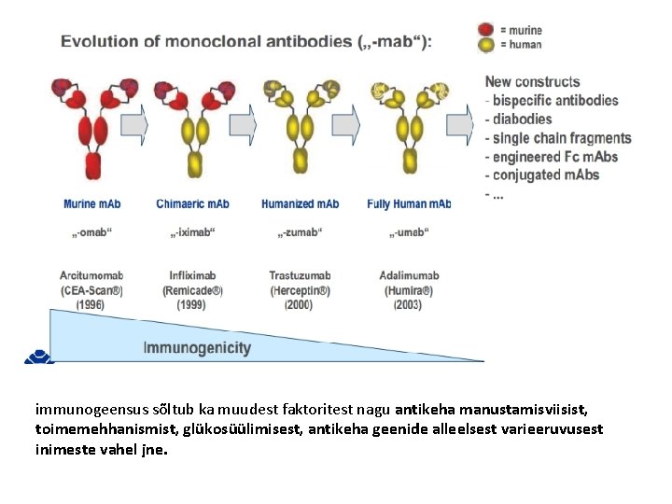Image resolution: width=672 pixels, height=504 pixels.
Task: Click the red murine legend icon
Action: pos(485,29)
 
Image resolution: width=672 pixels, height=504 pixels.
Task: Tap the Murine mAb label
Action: pos(93,203)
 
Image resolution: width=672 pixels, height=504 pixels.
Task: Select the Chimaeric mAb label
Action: pos(193,203)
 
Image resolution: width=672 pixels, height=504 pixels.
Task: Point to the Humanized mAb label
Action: pos(301,203)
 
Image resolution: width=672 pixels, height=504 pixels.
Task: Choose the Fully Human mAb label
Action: pos(409,203)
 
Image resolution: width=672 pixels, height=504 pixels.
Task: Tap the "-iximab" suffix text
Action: pos(193,232)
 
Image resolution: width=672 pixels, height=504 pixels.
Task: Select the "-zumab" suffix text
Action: pos(300,232)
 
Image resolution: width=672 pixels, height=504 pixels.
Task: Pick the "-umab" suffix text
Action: pos(408,232)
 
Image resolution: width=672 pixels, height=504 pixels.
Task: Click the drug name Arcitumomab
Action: pos(91,276)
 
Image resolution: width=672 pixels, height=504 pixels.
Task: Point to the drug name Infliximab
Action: pos(193,276)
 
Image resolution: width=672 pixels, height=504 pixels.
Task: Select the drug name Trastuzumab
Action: pos(300,276)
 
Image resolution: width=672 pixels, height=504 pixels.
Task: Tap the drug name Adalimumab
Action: pos(409,276)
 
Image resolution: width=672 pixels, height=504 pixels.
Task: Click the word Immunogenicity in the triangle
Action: pos(197,348)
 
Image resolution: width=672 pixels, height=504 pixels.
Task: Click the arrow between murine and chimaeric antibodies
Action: pos(134,124)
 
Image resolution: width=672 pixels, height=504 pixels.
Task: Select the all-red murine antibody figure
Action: pos(92,126)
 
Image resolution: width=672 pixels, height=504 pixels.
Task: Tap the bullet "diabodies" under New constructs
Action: pos(522,119)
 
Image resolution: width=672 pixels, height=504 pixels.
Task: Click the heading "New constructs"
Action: pos(532,82)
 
